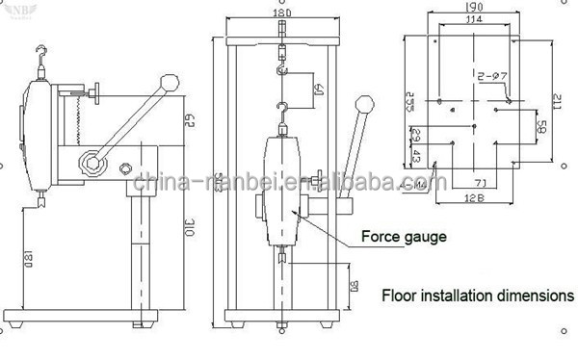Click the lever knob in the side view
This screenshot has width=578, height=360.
(x=170, y=83)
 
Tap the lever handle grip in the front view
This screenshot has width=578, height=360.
(x=365, y=106)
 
